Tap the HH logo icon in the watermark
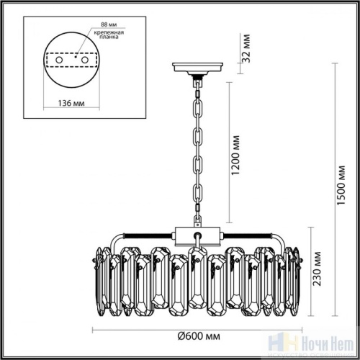coord(295,346)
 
